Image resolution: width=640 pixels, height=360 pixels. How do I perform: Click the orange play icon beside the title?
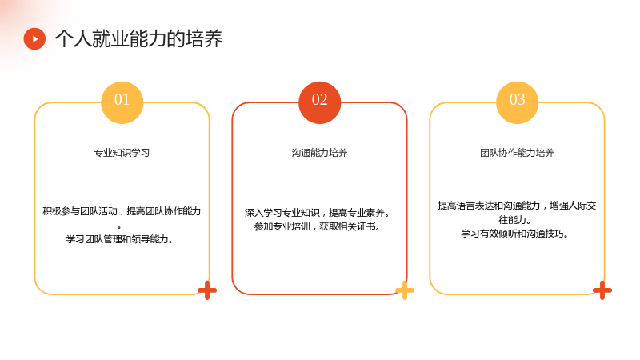pyautogui.click(x=34, y=38)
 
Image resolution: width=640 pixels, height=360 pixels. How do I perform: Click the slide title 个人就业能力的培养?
pyautogui.click(x=138, y=38)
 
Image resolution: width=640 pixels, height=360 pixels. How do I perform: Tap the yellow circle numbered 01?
pyautogui.click(x=122, y=102)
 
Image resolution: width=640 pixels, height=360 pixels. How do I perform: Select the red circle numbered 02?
pyautogui.click(x=319, y=102)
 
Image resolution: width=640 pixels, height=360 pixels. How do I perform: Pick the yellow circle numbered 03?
pyautogui.click(x=517, y=102)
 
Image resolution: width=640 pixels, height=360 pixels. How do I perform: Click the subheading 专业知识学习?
pyautogui.click(x=122, y=153)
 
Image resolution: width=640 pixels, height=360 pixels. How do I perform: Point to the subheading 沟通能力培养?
pyautogui.click(x=319, y=153)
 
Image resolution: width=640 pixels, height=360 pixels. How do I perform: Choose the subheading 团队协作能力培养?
pyautogui.click(x=517, y=153)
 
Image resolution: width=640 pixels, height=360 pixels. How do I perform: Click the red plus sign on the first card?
pyautogui.click(x=207, y=290)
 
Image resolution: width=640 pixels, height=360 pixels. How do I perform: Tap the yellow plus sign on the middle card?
pyautogui.click(x=405, y=290)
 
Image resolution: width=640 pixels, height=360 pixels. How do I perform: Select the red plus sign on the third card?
pyautogui.click(x=602, y=290)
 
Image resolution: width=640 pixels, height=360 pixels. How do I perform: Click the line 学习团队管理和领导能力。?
pyautogui.click(x=119, y=238)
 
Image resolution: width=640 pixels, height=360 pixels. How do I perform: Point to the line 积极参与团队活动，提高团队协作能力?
pyautogui.click(x=122, y=211)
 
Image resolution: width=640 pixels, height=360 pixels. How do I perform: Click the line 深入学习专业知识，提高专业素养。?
pyautogui.click(x=318, y=212)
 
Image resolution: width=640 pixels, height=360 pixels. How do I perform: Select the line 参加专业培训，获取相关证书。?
pyautogui.click(x=317, y=226)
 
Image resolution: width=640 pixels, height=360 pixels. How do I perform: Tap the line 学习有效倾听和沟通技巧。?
pyautogui.click(x=514, y=234)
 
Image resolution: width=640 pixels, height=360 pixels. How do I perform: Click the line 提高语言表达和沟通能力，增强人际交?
pyautogui.click(x=517, y=206)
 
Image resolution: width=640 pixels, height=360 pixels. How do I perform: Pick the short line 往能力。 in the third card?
pyautogui.click(x=514, y=219)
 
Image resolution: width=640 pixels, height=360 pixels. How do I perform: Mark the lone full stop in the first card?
pyautogui.click(x=119, y=227)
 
